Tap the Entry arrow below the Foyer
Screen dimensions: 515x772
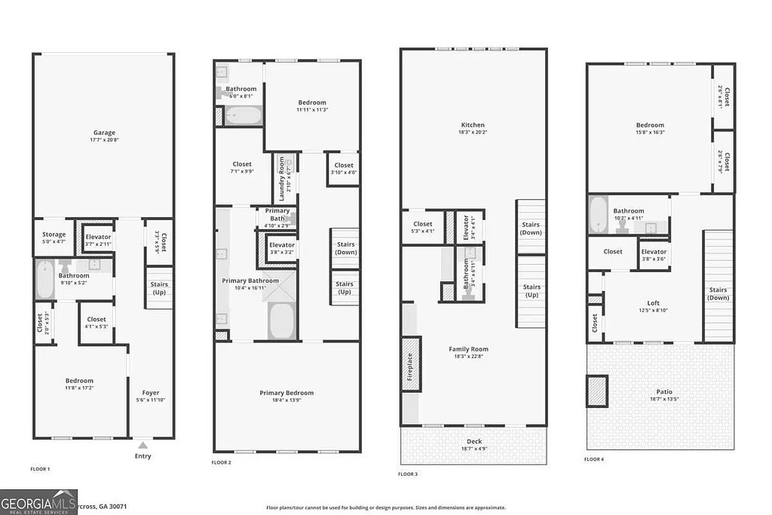click(x=142, y=444)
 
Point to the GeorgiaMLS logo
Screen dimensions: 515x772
click(x=38, y=502)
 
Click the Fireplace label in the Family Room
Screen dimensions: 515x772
click(x=410, y=366)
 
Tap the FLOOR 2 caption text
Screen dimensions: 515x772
click(x=221, y=462)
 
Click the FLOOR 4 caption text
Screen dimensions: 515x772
click(x=595, y=458)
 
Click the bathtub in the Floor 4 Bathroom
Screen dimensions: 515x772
click(x=599, y=214)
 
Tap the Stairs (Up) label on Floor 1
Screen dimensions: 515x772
click(x=159, y=288)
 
